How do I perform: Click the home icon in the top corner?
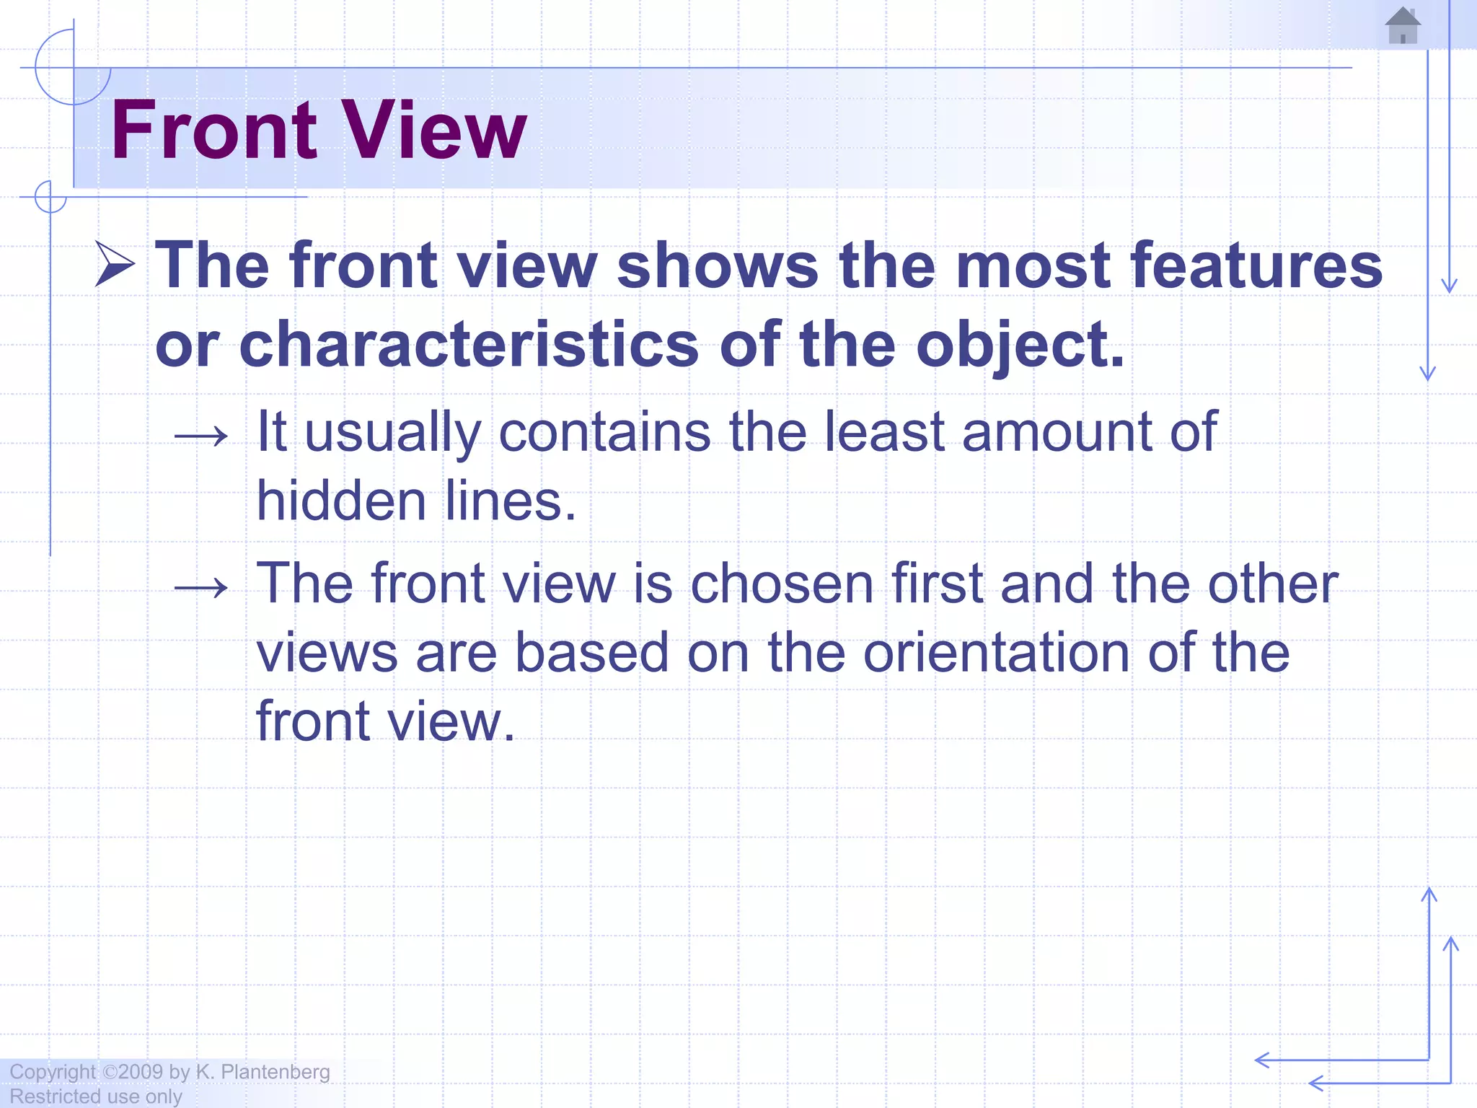click(1403, 26)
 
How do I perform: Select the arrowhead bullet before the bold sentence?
click(115, 265)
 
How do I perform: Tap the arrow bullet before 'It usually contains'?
click(201, 436)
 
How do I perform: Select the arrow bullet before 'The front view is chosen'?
click(201, 588)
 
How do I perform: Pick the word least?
click(884, 431)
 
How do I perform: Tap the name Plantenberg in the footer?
click(275, 1072)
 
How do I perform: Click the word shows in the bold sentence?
click(718, 265)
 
